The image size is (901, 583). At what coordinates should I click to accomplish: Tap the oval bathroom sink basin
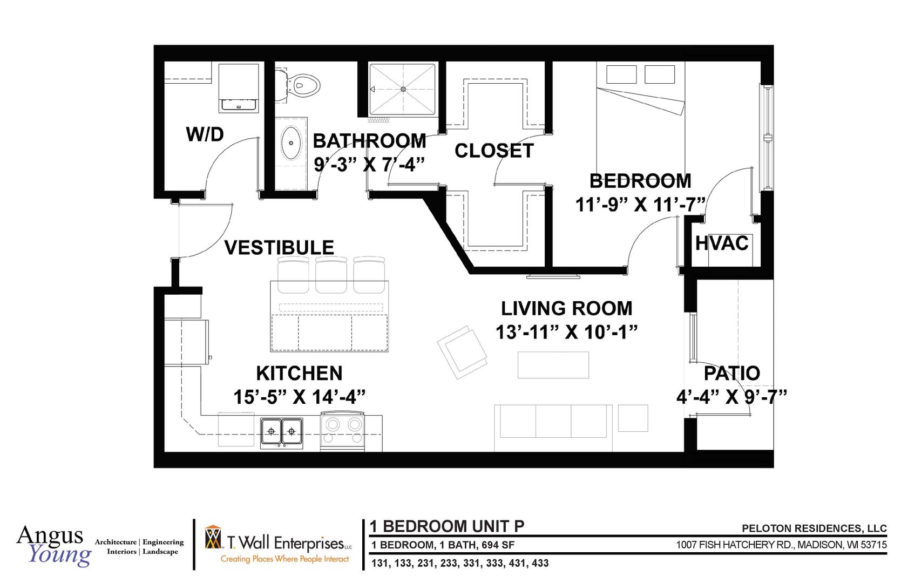tap(292, 143)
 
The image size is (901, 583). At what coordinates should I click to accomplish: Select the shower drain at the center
tap(403, 89)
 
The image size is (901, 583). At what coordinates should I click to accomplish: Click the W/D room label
tap(205, 134)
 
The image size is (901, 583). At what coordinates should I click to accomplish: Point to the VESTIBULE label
tap(279, 248)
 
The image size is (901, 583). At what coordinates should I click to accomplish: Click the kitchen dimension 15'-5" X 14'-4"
tap(299, 397)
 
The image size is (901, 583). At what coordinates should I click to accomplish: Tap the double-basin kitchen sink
tap(281, 431)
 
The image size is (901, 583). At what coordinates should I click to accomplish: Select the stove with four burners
tap(342, 431)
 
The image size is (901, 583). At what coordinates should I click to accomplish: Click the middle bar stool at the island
tap(331, 275)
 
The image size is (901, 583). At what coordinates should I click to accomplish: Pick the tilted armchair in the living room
tap(462, 351)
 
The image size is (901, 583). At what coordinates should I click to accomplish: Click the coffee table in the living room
tap(553, 365)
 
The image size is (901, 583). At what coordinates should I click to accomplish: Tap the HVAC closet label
tap(722, 243)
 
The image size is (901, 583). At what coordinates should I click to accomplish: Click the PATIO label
tap(731, 374)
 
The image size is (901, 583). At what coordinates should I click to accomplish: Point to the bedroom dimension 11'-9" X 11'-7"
tap(640, 205)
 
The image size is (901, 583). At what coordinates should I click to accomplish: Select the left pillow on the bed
tap(621, 74)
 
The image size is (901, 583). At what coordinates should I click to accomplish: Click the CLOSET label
tap(494, 151)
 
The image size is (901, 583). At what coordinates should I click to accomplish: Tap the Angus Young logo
tap(54, 545)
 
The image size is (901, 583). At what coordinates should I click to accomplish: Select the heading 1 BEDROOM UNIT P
tap(447, 526)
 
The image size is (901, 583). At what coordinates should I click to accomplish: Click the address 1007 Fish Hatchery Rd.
tap(781, 545)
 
